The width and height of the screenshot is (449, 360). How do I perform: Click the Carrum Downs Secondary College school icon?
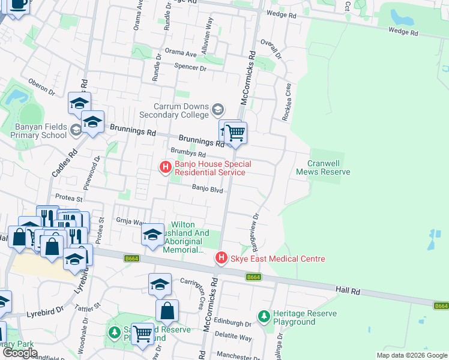click(x=217, y=110)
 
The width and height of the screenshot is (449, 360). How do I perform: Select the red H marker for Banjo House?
click(x=164, y=167)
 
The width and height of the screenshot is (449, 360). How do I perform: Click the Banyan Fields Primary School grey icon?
click(x=76, y=130)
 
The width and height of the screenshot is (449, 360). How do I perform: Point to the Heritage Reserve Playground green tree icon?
click(x=263, y=316)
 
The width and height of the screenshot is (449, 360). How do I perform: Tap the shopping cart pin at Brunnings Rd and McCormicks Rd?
click(x=235, y=133)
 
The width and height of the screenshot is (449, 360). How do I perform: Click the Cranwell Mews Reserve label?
click(x=323, y=167)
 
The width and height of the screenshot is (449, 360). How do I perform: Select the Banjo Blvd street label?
click(x=208, y=190)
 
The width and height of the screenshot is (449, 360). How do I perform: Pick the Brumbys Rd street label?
click(x=184, y=154)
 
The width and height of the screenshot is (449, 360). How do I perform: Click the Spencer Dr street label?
click(x=190, y=68)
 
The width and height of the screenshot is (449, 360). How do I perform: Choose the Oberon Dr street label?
click(x=41, y=88)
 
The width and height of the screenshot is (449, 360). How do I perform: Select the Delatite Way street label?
click(x=235, y=338)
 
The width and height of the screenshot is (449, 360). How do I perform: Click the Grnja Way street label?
click(x=131, y=221)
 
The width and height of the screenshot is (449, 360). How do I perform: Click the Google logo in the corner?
click(x=20, y=353)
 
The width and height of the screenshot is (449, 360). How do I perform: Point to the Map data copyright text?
click(x=411, y=355)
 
